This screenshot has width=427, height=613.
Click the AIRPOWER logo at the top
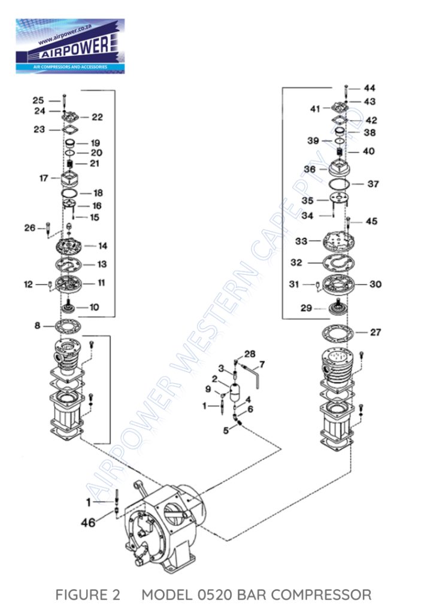point(71,45)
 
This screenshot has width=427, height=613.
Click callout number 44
point(370,89)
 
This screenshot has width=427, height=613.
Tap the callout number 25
point(38,101)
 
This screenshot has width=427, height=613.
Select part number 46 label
point(88,522)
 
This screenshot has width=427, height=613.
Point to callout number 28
point(250,354)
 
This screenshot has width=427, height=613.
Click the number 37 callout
point(373,184)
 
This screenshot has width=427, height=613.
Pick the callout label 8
point(37,325)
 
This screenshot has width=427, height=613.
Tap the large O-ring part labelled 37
point(339,184)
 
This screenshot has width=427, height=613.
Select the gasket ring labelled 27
point(337,333)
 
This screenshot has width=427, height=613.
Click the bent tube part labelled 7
point(251,375)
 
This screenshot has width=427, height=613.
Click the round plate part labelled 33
point(338,241)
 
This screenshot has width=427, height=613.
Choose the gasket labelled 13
point(68,265)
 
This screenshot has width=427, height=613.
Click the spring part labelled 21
point(70,164)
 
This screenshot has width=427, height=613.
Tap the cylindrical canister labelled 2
point(234,393)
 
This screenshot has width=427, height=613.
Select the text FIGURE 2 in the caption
point(87,594)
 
